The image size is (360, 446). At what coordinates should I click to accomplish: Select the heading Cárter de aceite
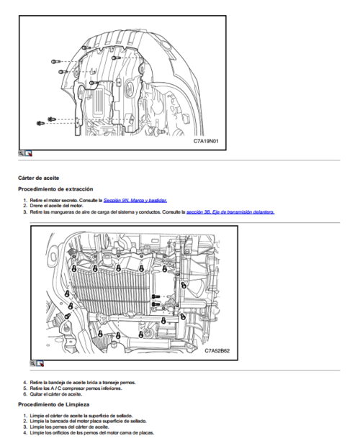point(38,177)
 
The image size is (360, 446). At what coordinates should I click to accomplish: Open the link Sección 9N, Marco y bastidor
point(135,200)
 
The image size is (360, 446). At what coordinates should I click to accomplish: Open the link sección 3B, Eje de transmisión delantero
point(230,212)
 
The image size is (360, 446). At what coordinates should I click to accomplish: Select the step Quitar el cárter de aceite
point(57,394)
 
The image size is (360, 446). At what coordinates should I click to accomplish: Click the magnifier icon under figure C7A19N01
point(22,153)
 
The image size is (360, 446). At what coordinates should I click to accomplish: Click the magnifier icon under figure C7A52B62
point(33,363)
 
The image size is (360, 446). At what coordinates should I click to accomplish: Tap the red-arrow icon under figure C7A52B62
point(40,363)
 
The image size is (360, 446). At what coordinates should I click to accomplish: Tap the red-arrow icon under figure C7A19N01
point(29,153)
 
